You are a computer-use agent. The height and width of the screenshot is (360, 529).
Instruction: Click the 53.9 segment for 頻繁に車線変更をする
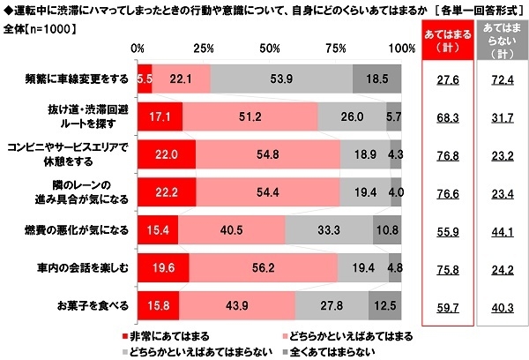click(281, 79)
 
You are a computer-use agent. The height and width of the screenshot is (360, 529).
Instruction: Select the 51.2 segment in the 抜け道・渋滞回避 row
click(250, 116)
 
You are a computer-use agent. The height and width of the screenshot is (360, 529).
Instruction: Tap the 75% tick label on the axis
click(336, 46)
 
